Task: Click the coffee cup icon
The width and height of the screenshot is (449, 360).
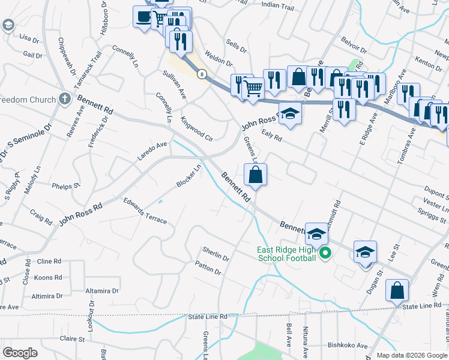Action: tap(143, 16)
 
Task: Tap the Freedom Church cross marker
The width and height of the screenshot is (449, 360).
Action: tap(66, 100)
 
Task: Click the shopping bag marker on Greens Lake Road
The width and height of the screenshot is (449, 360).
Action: tap(255, 175)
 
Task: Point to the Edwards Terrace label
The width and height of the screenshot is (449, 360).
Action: tap(145, 211)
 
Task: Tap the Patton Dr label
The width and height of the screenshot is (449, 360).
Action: tap(208, 268)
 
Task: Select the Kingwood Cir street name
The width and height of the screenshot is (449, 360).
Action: tap(197, 128)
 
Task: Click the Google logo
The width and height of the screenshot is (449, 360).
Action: tap(20, 353)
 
